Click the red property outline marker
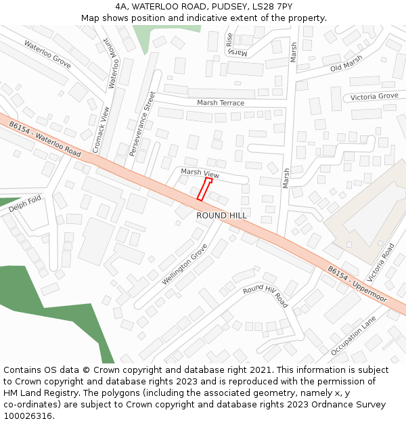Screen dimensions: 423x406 (x=204, y=189)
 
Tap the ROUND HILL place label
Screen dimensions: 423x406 (x=222, y=215)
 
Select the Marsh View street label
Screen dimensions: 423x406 (x=200, y=173)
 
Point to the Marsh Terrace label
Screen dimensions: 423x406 (x=221, y=103)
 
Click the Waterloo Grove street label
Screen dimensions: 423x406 (x=47, y=53)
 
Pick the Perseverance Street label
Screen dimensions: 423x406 (x=142, y=124)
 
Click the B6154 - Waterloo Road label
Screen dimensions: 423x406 (x=45, y=139)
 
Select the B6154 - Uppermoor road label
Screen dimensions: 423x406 (x=357, y=284)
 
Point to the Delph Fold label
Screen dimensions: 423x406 (x=26, y=204)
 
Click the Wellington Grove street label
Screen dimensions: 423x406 (x=184, y=265)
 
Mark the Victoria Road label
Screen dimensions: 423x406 (x=380, y=263)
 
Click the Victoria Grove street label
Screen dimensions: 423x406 (x=374, y=97)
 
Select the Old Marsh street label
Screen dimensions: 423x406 (x=346, y=64)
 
